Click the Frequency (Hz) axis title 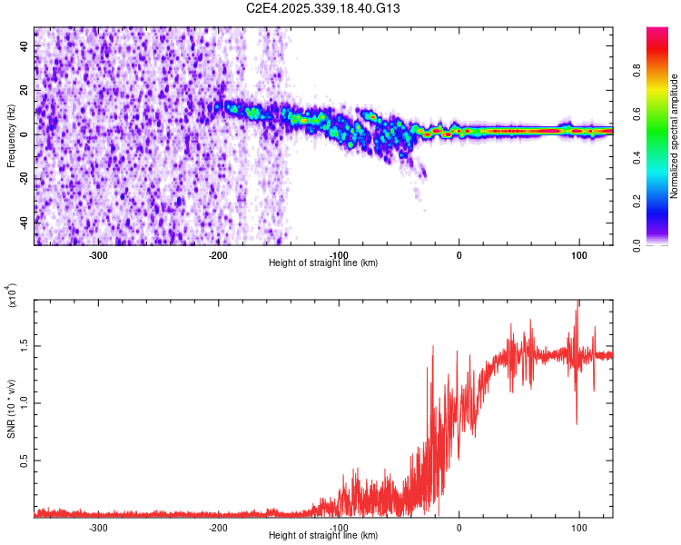point(11,136)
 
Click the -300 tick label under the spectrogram point(98,254)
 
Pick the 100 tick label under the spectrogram point(578,254)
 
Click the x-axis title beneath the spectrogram point(323,263)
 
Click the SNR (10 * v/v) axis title point(11,400)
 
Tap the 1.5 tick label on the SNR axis point(22,345)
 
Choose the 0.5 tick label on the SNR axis point(22,461)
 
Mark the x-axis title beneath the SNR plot point(323,536)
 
